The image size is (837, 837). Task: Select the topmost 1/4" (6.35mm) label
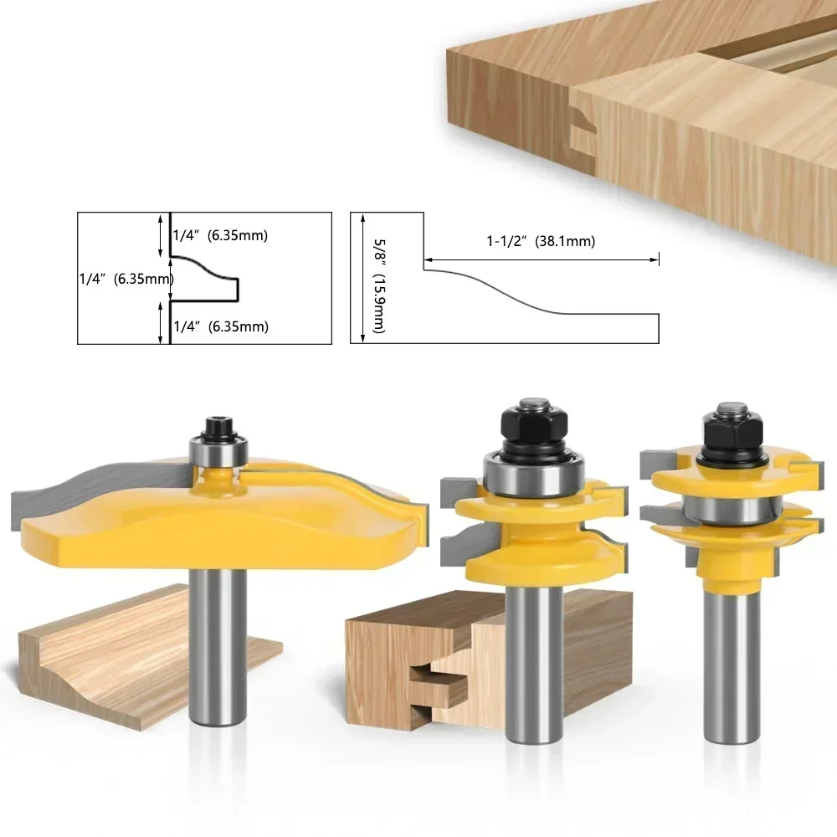point(219,235)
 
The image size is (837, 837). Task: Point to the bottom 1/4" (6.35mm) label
point(219,326)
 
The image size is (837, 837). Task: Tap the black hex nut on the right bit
point(728,432)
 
